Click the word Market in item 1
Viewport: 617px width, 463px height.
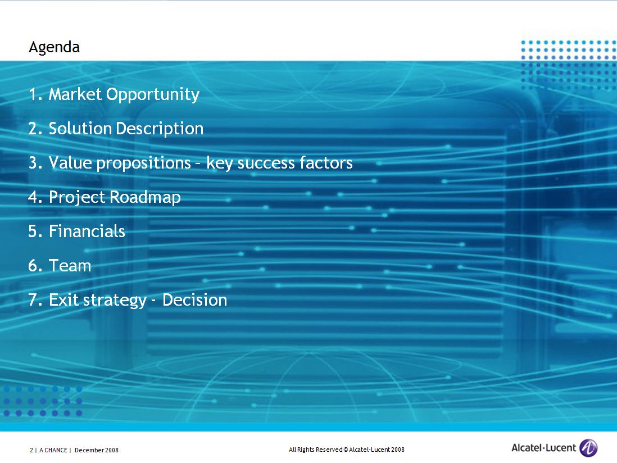(75, 94)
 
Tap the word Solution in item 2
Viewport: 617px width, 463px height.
(80, 129)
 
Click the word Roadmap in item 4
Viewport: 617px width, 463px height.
(145, 197)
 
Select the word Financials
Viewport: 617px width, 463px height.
(87, 231)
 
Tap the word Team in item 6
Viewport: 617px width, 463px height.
(70, 266)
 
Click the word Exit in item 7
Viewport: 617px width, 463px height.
(63, 300)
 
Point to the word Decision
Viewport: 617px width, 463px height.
(195, 300)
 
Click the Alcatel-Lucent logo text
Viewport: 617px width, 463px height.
(543, 448)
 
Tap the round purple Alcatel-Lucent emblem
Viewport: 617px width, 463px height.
(588, 448)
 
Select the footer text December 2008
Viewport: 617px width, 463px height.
(97, 450)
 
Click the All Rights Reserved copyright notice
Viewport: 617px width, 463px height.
(347, 450)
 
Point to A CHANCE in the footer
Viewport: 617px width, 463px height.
(53, 450)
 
